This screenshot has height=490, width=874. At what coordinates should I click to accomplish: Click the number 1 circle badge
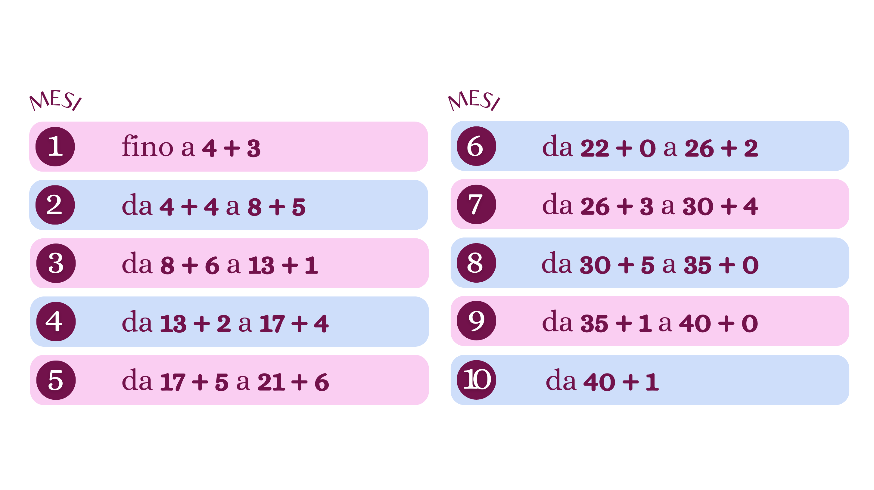(55, 147)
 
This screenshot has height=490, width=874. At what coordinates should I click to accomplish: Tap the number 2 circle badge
(55, 205)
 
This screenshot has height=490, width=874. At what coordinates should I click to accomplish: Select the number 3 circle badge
(56, 263)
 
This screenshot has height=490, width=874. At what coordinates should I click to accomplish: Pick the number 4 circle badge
(56, 321)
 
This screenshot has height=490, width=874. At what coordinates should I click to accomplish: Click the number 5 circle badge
(56, 380)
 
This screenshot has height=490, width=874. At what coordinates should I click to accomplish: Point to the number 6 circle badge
(476, 146)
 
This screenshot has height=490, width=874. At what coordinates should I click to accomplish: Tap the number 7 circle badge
(476, 204)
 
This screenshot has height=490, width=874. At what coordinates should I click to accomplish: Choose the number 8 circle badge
(476, 263)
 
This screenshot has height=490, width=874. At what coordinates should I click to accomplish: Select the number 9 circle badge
(476, 321)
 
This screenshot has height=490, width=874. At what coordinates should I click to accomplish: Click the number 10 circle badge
(476, 380)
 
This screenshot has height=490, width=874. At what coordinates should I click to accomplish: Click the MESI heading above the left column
(55, 101)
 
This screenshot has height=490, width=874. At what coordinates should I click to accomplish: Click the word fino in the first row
(148, 147)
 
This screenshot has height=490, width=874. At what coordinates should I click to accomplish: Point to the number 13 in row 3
(261, 265)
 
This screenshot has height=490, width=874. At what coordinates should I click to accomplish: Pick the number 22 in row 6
(594, 148)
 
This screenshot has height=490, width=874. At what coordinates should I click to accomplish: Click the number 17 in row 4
(272, 324)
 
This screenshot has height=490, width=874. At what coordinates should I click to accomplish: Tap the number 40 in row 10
(599, 382)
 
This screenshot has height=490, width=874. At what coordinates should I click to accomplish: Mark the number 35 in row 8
(697, 265)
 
